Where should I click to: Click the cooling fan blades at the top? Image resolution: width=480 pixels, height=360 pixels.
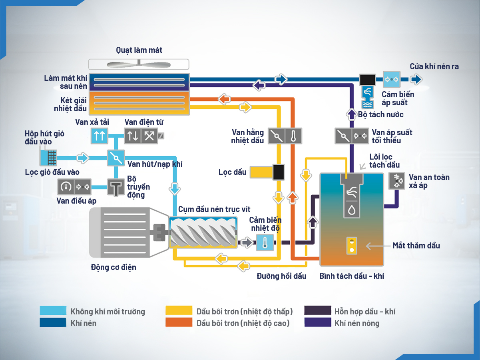139,64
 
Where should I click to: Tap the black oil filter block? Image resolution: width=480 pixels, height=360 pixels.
279,172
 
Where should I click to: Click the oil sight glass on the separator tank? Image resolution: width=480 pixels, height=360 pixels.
352,245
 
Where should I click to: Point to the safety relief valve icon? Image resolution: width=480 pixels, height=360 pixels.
397,181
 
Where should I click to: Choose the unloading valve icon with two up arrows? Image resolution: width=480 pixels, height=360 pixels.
99,136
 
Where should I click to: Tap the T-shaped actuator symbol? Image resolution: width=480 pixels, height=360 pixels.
116,187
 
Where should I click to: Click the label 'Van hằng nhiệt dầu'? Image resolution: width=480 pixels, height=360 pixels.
248,136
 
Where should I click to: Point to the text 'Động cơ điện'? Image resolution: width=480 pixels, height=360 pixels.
114,267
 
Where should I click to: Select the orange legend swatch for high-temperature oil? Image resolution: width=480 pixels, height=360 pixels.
179,322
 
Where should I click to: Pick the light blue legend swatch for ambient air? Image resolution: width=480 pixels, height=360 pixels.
53,311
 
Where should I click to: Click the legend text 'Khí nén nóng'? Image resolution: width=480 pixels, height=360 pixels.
357,323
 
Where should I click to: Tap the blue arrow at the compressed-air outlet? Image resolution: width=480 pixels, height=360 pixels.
416,79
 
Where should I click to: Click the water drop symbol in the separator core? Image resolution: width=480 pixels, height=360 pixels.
352,210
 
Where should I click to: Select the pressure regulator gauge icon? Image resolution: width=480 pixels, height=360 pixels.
66,186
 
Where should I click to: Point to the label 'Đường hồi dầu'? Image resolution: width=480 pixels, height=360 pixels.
281,276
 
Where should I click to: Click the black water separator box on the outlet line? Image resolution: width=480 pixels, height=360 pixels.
367,79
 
